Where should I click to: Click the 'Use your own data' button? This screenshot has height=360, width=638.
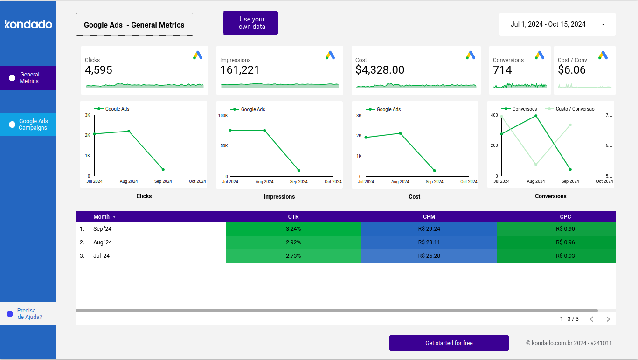pyautogui.click(x=250, y=23)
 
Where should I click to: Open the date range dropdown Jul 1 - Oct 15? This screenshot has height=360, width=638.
pyautogui.click(x=557, y=24)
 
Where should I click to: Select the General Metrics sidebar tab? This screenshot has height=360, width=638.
pyautogui.click(x=28, y=78)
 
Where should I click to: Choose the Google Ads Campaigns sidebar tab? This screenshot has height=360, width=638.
pyautogui.click(x=28, y=125)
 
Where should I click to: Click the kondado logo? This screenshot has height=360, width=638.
pyautogui.click(x=28, y=24)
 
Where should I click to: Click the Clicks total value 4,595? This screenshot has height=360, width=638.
pyautogui.click(x=98, y=70)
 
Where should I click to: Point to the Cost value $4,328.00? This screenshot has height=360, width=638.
pyautogui.click(x=380, y=70)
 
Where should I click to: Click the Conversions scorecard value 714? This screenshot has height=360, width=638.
pyautogui.click(x=502, y=70)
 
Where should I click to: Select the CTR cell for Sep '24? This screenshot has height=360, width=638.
pyautogui.click(x=293, y=229)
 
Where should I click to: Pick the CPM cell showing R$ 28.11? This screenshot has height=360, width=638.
pyautogui.click(x=429, y=242)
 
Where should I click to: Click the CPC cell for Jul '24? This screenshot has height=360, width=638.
pyautogui.click(x=565, y=256)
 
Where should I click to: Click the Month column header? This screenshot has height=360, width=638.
pyautogui.click(x=101, y=217)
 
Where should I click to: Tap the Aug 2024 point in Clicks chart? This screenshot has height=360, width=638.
pyautogui.click(x=129, y=131)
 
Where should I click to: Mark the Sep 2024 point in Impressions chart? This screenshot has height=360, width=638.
pyautogui.click(x=298, y=171)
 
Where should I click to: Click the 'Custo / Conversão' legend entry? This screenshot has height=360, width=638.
pyautogui.click(x=575, y=109)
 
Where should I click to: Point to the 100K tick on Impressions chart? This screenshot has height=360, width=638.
pyautogui.click(x=223, y=116)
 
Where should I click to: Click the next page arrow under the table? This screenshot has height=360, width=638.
pyautogui.click(x=608, y=319)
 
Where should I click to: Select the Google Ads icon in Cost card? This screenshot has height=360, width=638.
pyautogui.click(x=470, y=55)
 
